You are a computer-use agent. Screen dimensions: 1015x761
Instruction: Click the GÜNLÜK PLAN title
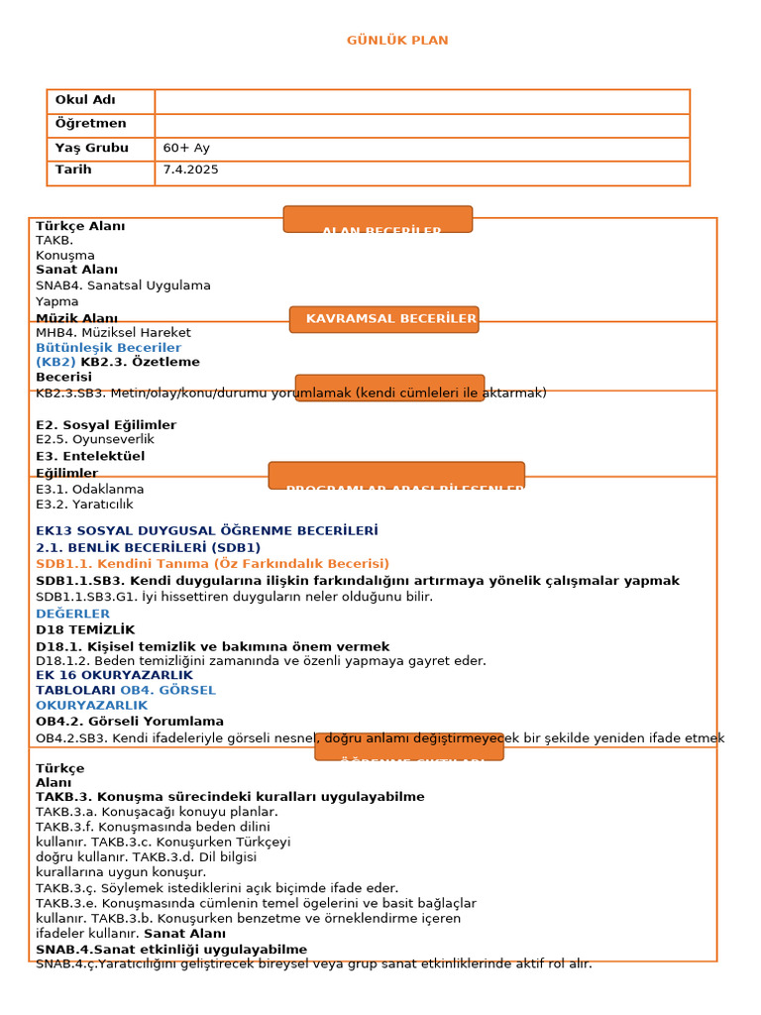click(397, 41)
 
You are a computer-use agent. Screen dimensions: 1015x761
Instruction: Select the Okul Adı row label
click(85, 100)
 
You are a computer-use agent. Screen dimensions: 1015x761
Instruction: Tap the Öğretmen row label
click(90, 124)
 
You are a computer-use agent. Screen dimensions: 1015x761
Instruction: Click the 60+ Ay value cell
click(186, 148)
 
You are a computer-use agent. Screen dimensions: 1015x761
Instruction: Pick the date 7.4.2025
click(190, 169)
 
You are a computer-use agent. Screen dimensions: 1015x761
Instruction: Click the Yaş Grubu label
click(91, 148)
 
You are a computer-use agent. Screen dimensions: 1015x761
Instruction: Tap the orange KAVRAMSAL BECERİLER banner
click(384, 319)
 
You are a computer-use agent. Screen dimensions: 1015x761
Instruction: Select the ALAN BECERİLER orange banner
click(378, 221)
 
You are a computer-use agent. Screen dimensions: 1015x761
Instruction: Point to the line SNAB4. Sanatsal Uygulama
click(123, 285)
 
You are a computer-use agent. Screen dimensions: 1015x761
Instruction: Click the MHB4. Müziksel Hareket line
click(113, 333)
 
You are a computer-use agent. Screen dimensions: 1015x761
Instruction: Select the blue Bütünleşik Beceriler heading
click(108, 348)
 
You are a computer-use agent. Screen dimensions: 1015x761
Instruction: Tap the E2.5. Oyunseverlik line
click(95, 439)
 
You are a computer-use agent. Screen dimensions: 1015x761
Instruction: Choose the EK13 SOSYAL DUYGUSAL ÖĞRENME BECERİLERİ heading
click(206, 531)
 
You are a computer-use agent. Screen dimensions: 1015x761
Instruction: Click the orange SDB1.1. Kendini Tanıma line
click(212, 563)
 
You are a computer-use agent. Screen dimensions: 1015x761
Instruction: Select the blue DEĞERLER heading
click(73, 614)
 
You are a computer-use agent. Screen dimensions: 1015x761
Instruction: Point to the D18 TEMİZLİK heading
click(85, 629)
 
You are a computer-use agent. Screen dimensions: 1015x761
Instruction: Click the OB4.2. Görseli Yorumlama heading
click(130, 721)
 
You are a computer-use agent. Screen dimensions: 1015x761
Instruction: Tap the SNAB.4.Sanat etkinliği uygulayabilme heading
click(171, 949)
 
